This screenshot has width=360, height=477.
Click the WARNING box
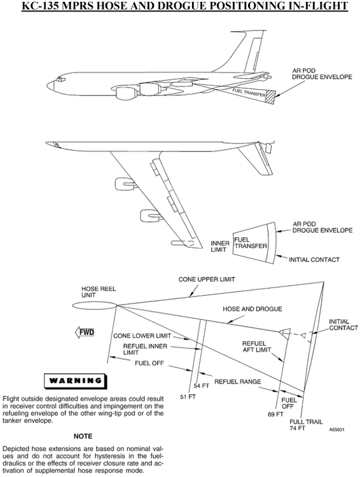tap(75, 380)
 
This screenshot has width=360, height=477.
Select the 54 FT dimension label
tap(202, 386)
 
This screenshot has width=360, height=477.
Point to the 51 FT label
tap(188, 397)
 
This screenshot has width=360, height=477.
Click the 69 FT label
tap(275, 414)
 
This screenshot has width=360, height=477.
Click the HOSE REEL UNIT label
tap(99, 292)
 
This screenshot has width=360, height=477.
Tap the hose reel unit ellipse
tap(95, 307)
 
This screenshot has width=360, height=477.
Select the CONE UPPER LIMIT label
tap(207, 279)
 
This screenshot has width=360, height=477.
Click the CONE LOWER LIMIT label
tap(142, 336)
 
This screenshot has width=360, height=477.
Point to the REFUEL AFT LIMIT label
tap(256, 347)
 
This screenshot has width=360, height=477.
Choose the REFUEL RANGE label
tap(238, 382)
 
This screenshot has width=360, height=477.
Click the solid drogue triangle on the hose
tap(285, 333)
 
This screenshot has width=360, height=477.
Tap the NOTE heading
tap(83, 436)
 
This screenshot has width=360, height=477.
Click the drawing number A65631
tap(336, 429)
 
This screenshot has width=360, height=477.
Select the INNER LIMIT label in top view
tap(220, 246)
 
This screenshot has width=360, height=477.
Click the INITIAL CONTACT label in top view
tap(314, 259)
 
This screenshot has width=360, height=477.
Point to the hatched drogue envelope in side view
tap(270, 97)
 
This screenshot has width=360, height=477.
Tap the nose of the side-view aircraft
tap(50, 85)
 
